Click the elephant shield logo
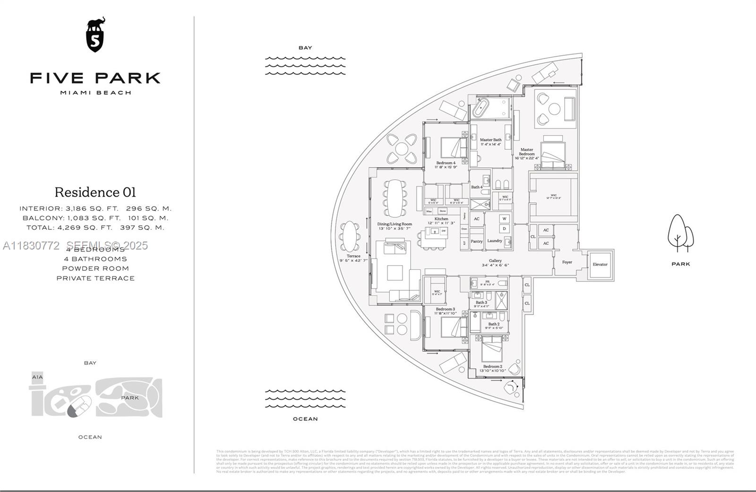click(95, 35)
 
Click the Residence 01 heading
click(95, 192)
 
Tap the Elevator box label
click(600, 265)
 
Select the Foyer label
click(567, 262)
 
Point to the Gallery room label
click(495, 261)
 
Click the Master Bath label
click(490, 140)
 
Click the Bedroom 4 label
click(446, 163)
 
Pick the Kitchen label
click(441, 219)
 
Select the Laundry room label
click(494, 241)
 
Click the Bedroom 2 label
click(492, 366)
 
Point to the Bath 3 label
click(481, 302)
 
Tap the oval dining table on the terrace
click(350, 236)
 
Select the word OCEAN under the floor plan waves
click(305, 419)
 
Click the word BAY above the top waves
click(305, 48)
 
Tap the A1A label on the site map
click(37, 377)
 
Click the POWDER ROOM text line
click(95, 268)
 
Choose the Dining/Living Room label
click(395, 224)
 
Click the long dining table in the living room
click(395, 198)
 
